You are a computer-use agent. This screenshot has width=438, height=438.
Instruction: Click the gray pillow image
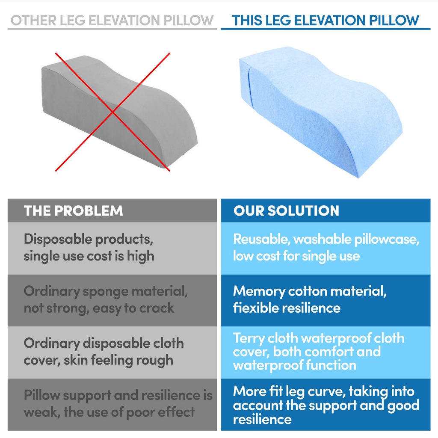pos(120,112)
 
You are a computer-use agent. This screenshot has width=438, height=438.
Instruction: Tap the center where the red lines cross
pos(112,112)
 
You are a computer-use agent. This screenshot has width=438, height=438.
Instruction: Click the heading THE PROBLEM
pos(74,210)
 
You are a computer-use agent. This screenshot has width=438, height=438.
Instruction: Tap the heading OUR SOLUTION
pos(286,210)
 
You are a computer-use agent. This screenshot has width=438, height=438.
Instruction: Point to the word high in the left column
pos(140,256)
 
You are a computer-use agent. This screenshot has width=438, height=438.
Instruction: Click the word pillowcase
pos(387,240)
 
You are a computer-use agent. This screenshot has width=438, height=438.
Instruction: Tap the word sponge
pos(106,292)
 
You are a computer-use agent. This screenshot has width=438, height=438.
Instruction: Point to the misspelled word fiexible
pos(258,308)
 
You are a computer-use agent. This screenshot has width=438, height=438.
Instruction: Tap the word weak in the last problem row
pos(42,412)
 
